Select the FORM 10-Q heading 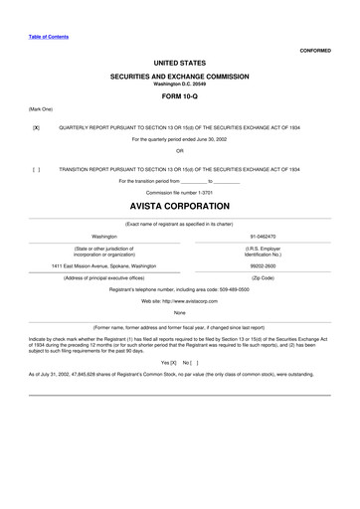pos(179,96)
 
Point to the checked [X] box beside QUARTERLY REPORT pos(36,128)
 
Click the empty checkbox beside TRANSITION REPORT pos(36,170)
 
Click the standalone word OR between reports pos(179,150)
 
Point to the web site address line pos(179,299)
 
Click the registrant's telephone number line pos(179,288)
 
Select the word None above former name pos(179,313)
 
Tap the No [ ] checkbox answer pos(190,364)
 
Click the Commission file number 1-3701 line pos(179,192)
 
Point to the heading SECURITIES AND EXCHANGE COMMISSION pos(179,76)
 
